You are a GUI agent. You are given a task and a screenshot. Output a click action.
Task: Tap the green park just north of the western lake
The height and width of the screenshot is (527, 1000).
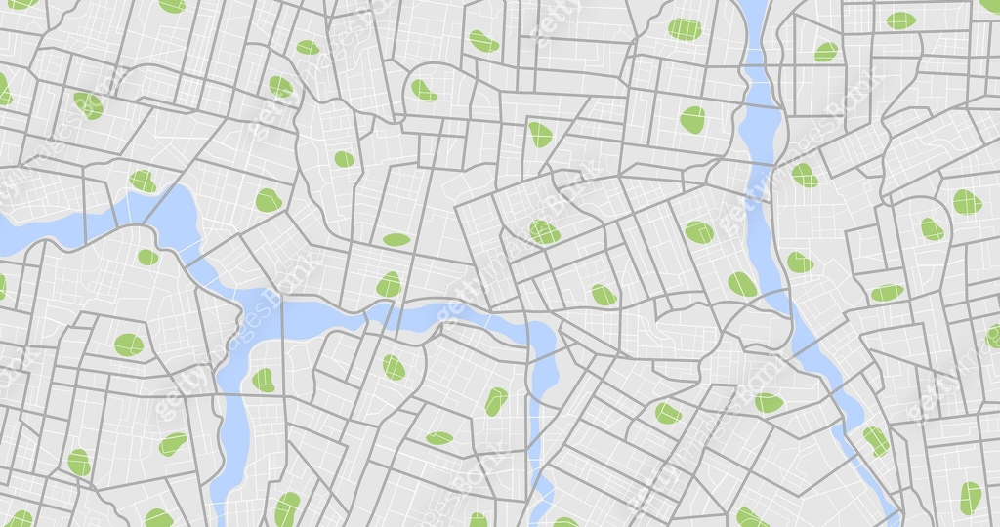(x=143, y=182)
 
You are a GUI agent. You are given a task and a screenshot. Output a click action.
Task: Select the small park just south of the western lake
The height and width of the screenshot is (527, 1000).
(x=147, y=257)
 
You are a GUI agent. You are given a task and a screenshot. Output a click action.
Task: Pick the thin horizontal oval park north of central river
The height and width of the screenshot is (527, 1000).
(x=396, y=240)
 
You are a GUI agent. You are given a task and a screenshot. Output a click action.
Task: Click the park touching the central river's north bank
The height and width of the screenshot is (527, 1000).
(x=389, y=285)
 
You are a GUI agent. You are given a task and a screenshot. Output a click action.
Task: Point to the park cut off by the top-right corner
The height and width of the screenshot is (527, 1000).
(x=990, y=5)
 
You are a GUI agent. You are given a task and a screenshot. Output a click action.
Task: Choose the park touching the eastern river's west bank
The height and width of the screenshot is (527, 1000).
(x=742, y=284)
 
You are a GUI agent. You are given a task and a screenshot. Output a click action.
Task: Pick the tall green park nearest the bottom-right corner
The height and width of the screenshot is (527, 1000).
(x=970, y=498)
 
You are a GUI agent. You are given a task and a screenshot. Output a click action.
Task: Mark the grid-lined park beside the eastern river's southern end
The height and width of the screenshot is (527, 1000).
(x=875, y=440)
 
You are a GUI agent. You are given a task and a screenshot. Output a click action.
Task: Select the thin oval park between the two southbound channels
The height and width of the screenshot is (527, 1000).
(x=439, y=438)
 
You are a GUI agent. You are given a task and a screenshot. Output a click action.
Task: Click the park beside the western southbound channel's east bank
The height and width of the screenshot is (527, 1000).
(x=263, y=380)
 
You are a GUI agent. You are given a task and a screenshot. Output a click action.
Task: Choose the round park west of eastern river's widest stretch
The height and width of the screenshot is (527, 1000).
(x=692, y=120)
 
